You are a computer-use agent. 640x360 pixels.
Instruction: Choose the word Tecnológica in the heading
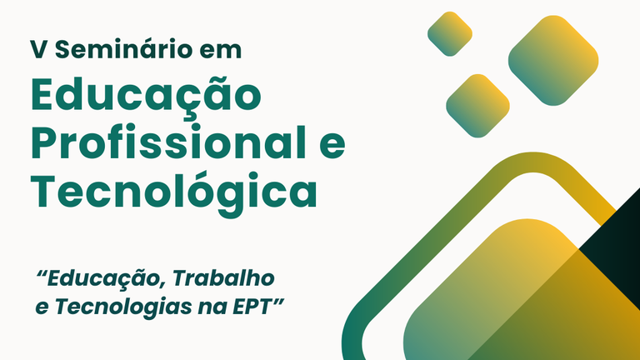(174, 192)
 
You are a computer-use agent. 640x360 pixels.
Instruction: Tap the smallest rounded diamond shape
(450, 33)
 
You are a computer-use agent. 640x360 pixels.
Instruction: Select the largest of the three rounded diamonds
(553, 61)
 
